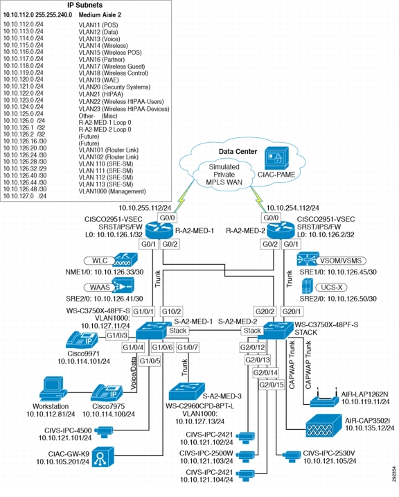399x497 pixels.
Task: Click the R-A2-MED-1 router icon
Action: [x=160, y=230]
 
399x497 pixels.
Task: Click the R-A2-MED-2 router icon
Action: [x=281, y=230]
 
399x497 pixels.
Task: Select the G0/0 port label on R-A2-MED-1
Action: [x=168, y=218]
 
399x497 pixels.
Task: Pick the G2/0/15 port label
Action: [x=272, y=385]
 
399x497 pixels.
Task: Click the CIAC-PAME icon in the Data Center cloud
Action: [x=276, y=158]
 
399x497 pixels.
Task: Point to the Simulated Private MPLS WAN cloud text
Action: [x=224, y=175]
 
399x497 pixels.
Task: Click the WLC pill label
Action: [x=100, y=261]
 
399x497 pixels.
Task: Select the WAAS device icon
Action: [x=123, y=286]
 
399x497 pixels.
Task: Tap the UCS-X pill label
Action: [x=331, y=288]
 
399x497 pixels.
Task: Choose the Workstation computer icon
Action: [x=53, y=389]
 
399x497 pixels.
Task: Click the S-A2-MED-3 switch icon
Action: [x=186, y=391]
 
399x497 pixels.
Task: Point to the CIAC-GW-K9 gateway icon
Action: [x=103, y=457]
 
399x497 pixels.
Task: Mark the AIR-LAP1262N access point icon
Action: [x=323, y=398]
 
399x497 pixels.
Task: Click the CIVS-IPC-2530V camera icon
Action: [x=292, y=456]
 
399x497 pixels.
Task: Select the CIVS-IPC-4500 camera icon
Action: [x=104, y=432]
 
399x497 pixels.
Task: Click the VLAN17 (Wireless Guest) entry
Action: [x=112, y=67]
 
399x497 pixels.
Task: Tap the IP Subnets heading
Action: [x=85, y=5]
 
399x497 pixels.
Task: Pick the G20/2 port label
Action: [x=265, y=311]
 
